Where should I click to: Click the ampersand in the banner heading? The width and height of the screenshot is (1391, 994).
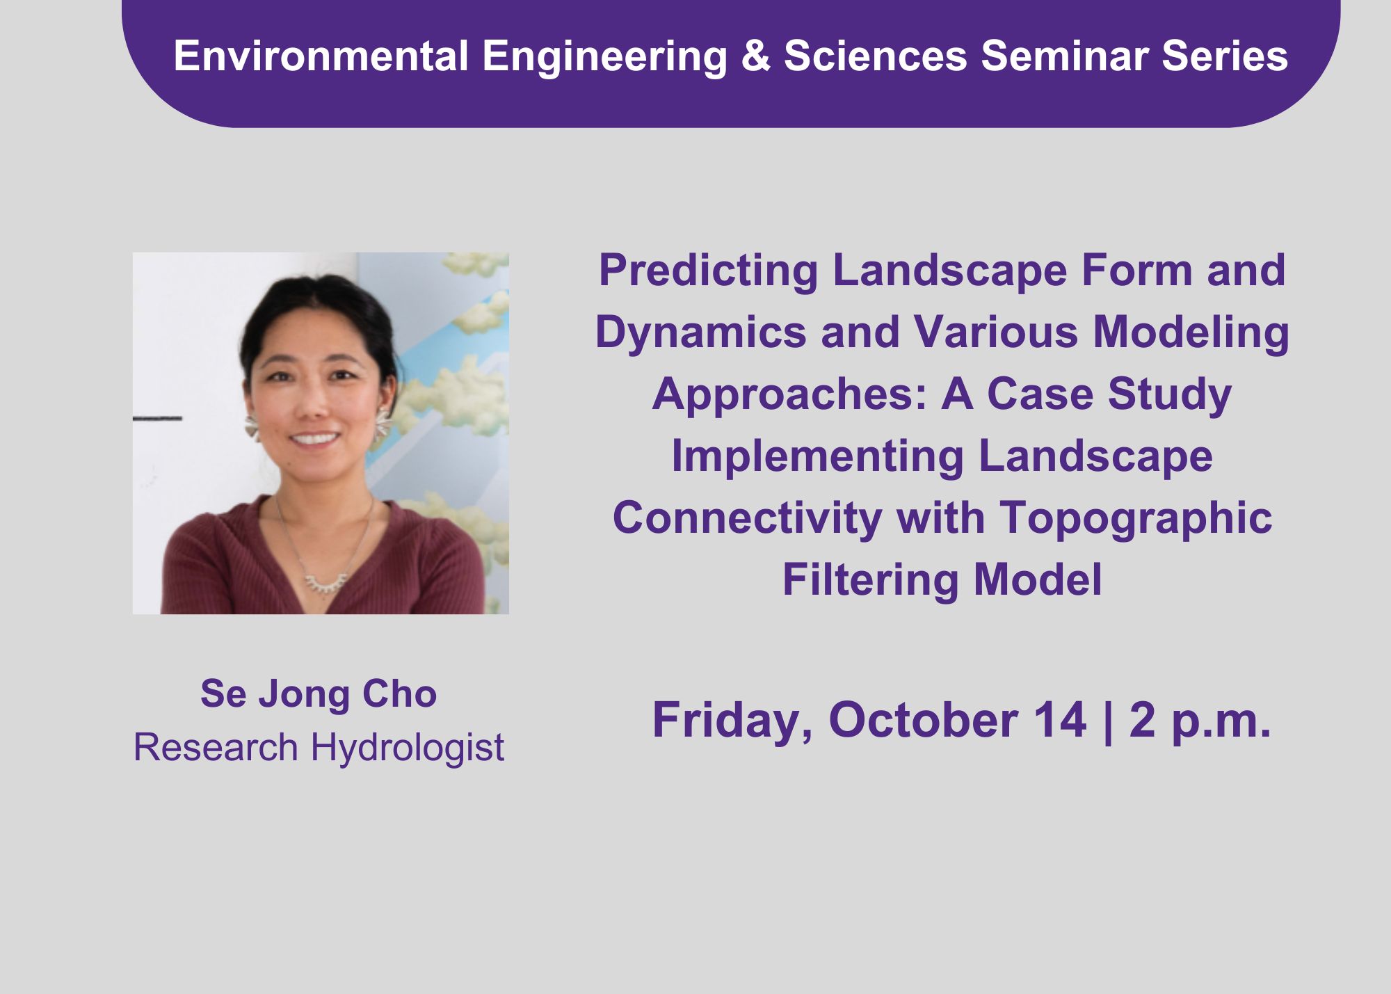click(x=755, y=56)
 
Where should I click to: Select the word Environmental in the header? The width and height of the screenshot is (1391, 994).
click(x=321, y=56)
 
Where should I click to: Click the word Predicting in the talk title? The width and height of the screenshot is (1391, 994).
click(x=709, y=271)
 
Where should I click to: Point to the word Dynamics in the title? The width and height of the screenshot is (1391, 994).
click(x=701, y=332)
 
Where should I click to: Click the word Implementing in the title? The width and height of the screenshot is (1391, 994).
click(x=818, y=457)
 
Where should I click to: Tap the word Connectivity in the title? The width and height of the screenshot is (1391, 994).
click(x=748, y=518)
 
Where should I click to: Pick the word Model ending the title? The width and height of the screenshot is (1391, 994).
click(x=1038, y=579)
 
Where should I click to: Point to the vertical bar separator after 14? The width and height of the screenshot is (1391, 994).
click(x=1108, y=722)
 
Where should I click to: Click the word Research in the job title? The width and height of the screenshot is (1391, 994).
click(x=216, y=748)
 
